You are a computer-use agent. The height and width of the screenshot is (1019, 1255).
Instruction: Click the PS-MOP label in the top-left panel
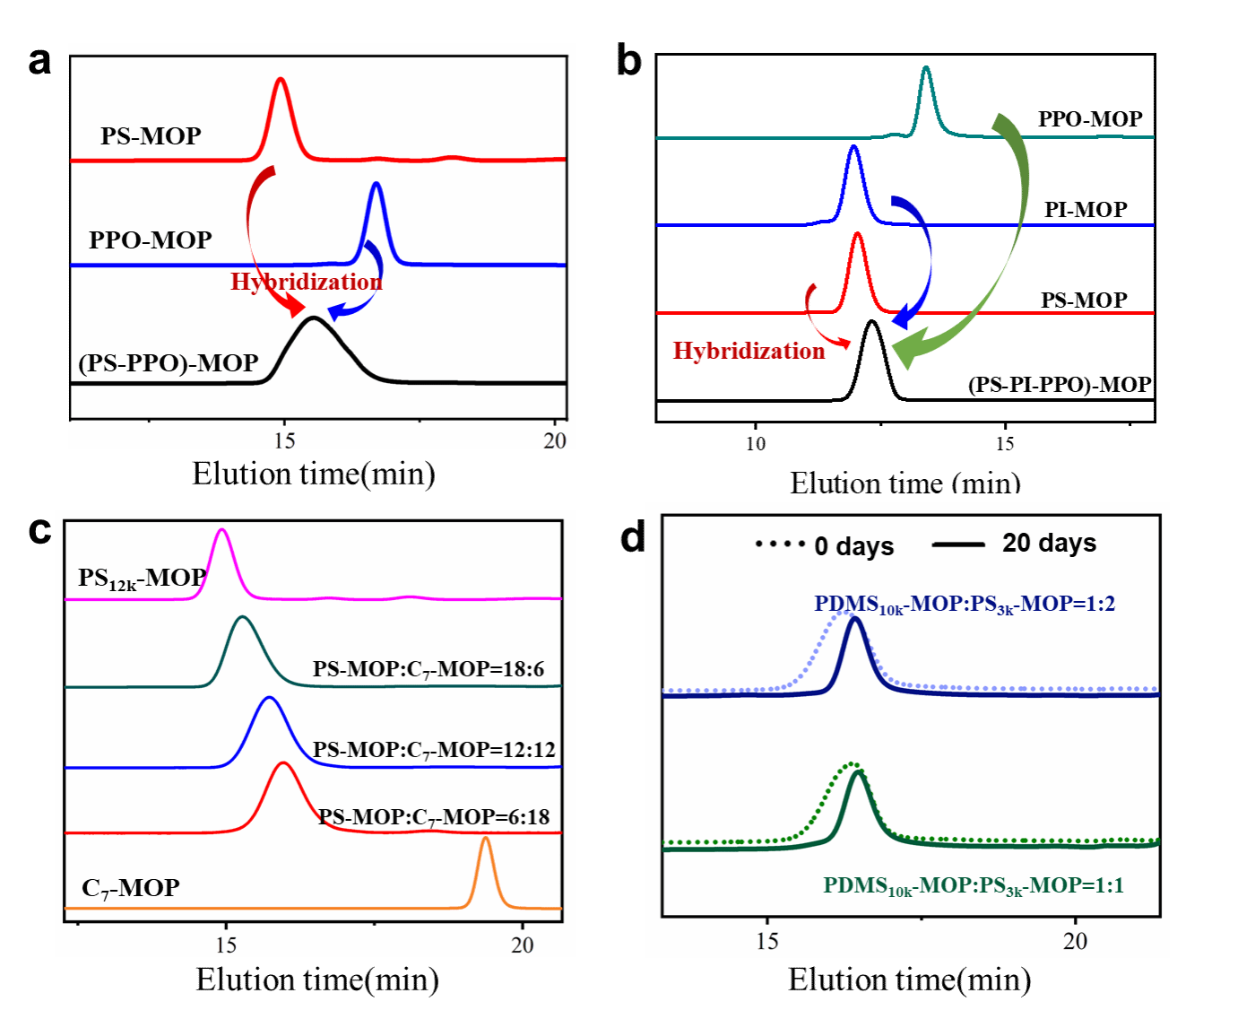point(151,136)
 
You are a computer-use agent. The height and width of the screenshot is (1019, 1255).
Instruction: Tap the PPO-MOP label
point(151,240)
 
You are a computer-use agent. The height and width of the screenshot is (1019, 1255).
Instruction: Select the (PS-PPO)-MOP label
point(169,363)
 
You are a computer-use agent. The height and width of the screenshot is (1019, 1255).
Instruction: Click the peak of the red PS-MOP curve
point(281,79)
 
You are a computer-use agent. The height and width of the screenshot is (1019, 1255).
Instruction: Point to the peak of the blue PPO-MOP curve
point(376,184)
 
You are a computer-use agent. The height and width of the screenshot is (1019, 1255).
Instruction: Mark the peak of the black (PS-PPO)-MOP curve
point(313,318)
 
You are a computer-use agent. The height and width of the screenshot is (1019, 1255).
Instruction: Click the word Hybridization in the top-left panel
point(307,282)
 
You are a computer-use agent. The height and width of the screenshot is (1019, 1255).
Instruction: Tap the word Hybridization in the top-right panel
point(749,351)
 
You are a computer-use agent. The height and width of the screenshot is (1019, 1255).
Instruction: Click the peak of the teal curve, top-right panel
point(926,67)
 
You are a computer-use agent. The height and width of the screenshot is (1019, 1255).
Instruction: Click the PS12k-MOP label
point(142,579)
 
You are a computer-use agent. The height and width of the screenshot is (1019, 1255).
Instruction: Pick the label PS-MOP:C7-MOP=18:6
point(428,669)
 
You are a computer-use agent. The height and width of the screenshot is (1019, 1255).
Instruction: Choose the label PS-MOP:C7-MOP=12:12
point(434,750)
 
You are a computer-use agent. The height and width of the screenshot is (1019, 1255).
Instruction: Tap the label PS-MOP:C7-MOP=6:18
point(434,817)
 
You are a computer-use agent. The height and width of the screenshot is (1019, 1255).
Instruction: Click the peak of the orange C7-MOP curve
point(485,838)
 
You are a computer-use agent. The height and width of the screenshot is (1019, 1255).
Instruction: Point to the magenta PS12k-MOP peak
point(222,530)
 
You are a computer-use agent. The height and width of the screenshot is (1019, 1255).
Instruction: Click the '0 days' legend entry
point(853,546)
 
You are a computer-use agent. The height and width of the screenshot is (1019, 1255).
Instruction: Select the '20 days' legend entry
point(1049,544)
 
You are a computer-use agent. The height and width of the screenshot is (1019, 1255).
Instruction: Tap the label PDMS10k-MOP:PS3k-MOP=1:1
point(974,886)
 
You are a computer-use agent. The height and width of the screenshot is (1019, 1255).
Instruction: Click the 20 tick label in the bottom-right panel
point(1075,941)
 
